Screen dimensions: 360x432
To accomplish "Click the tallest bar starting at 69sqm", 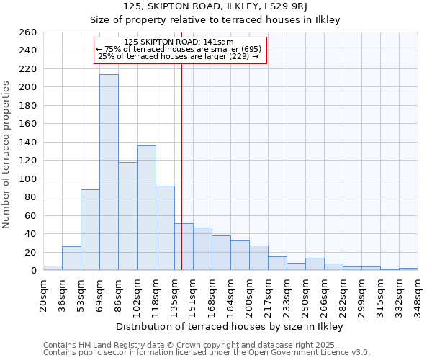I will (x=109, y=172).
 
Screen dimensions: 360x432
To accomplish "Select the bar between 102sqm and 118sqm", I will (x=146, y=207).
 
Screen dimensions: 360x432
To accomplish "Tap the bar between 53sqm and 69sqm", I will (x=90, y=230).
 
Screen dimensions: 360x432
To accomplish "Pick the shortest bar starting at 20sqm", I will (x=53, y=268).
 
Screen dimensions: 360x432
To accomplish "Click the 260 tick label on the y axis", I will (x=29, y=32).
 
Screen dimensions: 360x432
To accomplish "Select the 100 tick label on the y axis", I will (x=29, y=179).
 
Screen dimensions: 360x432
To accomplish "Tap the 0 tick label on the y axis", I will (x=34, y=271).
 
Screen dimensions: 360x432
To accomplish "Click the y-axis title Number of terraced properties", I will (x=6, y=155).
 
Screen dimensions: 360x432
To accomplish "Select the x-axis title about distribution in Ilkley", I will (x=229, y=326).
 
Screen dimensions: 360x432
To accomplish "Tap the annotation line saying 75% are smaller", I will (x=179, y=49).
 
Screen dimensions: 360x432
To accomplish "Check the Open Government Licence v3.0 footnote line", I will (x=207, y=353).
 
